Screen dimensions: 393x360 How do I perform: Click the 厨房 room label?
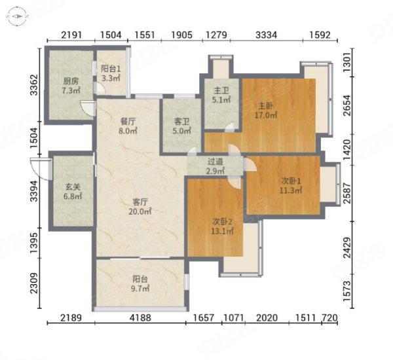pos(71,81)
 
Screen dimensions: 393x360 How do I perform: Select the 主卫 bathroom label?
pos(221,90)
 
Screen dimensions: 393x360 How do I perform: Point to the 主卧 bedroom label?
pos(266,106)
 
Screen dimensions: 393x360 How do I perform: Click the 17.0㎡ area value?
pos(266,115)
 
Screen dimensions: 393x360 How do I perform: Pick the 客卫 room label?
pos(181,122)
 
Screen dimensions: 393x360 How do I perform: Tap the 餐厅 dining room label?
pos(128,122)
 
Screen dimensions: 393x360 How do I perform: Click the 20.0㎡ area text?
pos(140,211)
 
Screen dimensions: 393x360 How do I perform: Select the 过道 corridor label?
pos(215,162)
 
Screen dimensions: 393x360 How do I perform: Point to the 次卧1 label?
pos(291,181)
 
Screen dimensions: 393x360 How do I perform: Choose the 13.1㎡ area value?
pos(222,231)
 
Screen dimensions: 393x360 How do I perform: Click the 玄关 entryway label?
pos(73,187)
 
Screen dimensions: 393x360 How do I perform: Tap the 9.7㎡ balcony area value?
pos(140,289)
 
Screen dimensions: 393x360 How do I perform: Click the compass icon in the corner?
pos(17,16)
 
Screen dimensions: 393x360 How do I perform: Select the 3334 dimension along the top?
pos(266,35)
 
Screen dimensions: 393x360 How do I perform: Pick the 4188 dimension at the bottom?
pos(140,317)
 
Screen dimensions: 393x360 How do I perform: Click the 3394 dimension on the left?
pos(34,191)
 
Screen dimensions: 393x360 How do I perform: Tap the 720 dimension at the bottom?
pos(329,317)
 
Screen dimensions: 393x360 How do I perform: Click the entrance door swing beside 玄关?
pos(40,169)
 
